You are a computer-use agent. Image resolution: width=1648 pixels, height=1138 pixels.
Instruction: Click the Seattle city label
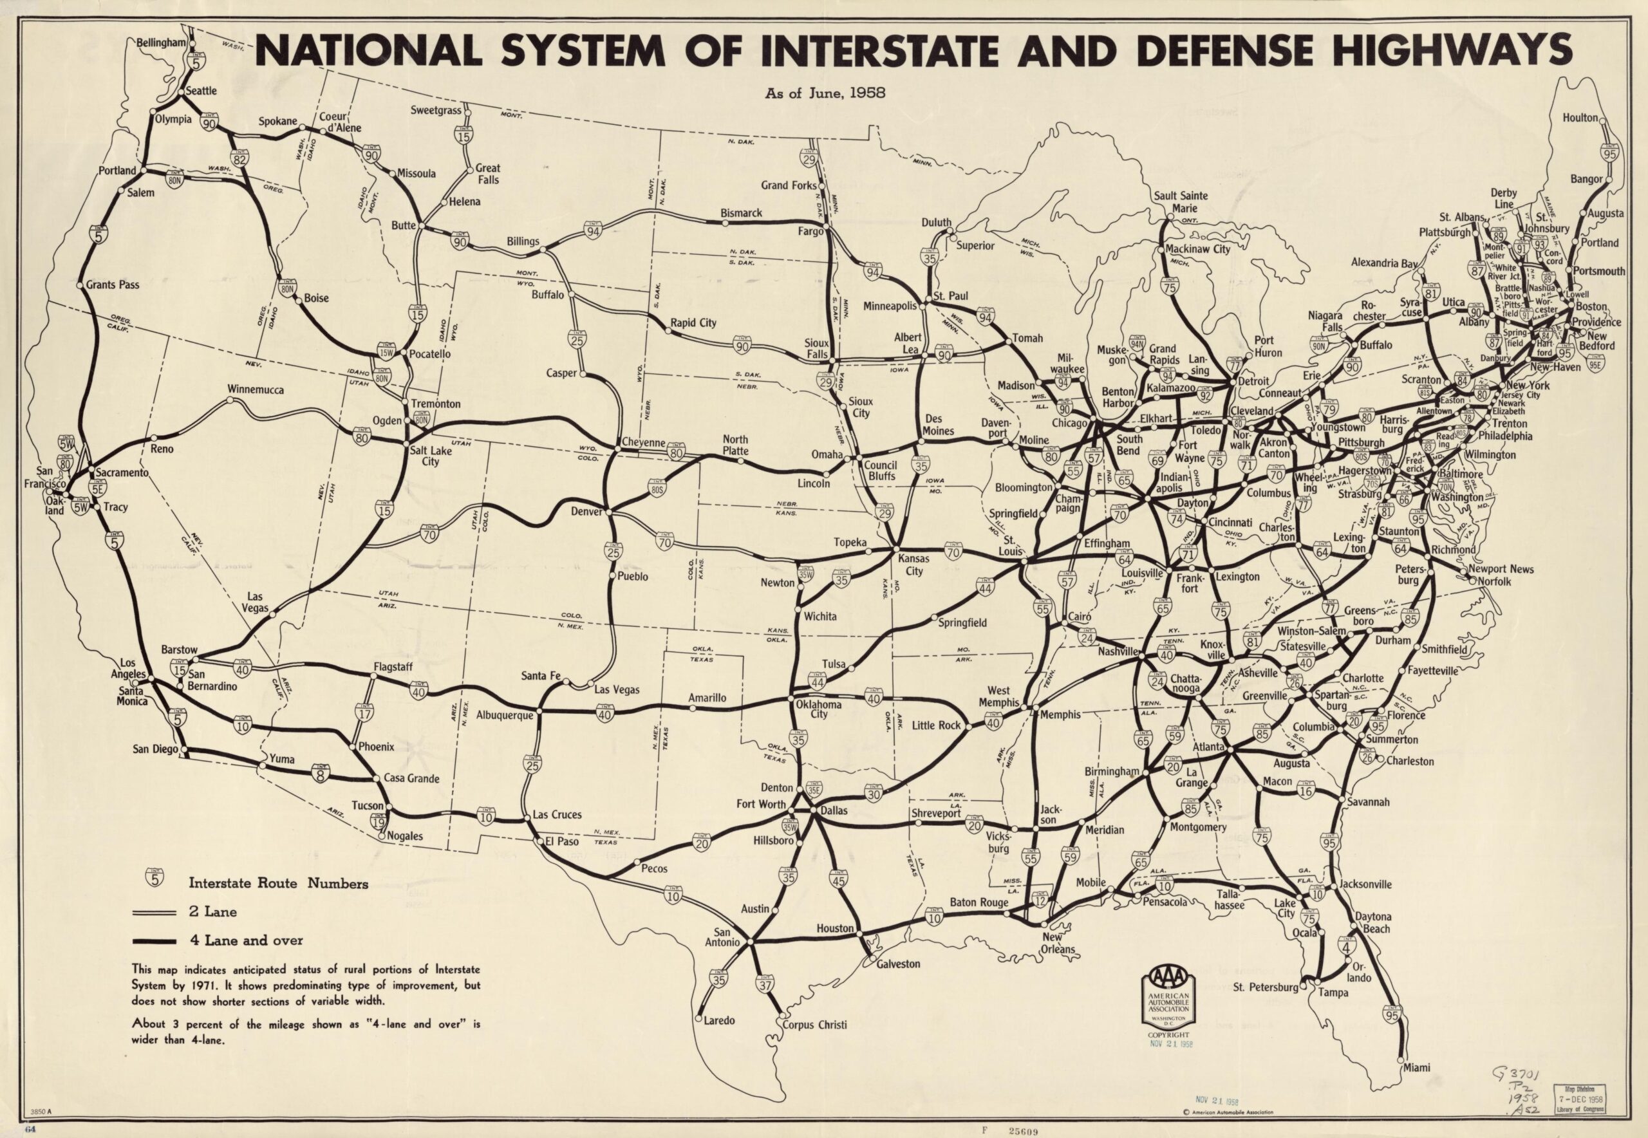pyautogui.click(x=201, y=91)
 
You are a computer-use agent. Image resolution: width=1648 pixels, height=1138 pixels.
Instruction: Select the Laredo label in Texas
pyautogui.click(x=719, y=1021)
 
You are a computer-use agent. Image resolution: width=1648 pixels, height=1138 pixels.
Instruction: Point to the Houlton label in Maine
pyautogui.click(x=1580, y=117)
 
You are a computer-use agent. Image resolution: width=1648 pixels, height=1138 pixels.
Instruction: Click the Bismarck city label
pyautogui.click(x=741, y=212)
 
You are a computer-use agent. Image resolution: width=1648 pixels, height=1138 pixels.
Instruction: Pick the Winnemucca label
pyautogui.click(x=256, y=390)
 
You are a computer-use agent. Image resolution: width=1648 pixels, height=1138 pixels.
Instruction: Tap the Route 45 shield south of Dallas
pyautogui.click(x=839, y=881)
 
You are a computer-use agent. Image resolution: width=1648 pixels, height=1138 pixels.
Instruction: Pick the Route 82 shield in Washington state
pyautogui.click(x=239, y=158)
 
